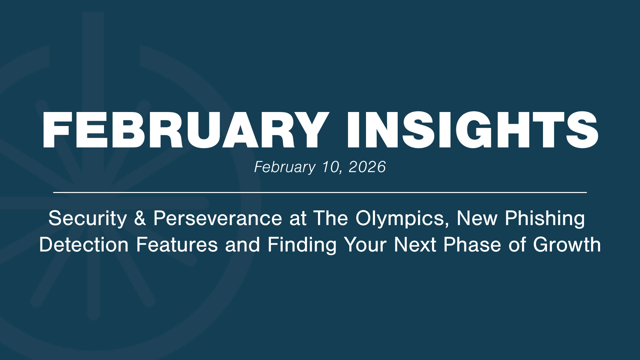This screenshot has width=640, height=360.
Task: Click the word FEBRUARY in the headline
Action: [x=184, y=130]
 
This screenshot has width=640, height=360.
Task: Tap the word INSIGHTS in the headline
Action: [x=472, y=130]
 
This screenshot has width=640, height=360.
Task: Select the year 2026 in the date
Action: [x=367, y=167]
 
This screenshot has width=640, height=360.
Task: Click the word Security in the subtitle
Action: [x=87, y=219]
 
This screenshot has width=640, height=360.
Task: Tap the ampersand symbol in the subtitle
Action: [x=140, y=219]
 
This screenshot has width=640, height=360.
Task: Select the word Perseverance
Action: [x=218, y=219]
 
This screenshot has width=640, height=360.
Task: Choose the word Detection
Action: [x=84, y=245]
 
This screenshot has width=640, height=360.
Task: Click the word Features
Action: [x=177, y=245]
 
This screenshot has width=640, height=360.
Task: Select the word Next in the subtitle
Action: [x=415, y=245]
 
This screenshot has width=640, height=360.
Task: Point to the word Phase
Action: [x=472, y=245]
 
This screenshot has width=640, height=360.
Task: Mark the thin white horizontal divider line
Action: [x=320, y=192]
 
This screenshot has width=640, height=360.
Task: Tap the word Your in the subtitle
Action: [x=365, y=245]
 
